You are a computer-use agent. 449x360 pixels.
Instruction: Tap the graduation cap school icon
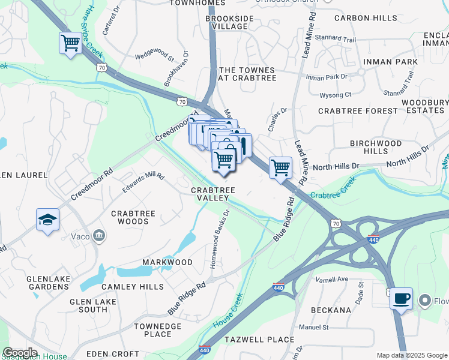[x=47, y=220]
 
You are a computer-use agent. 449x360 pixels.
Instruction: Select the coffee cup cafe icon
[x=401, y=298]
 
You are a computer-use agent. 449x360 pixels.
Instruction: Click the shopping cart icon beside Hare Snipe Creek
[x=70, y=43]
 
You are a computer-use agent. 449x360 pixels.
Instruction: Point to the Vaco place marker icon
[x=100, y=236]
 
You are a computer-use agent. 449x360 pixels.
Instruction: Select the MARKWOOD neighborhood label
[x=167, y=262]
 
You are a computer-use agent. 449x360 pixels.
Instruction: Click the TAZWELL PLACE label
[x=259, y=340]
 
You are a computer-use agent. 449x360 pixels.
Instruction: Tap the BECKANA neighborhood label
[x=331, y=310]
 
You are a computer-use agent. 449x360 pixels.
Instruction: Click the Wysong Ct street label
[x=336, y=95]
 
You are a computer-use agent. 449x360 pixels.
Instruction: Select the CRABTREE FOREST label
[x=358, y=111]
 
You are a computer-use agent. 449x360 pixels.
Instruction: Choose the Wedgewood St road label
[x=154, y=58]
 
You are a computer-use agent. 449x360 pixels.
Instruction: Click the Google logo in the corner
[x=20, y=353]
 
